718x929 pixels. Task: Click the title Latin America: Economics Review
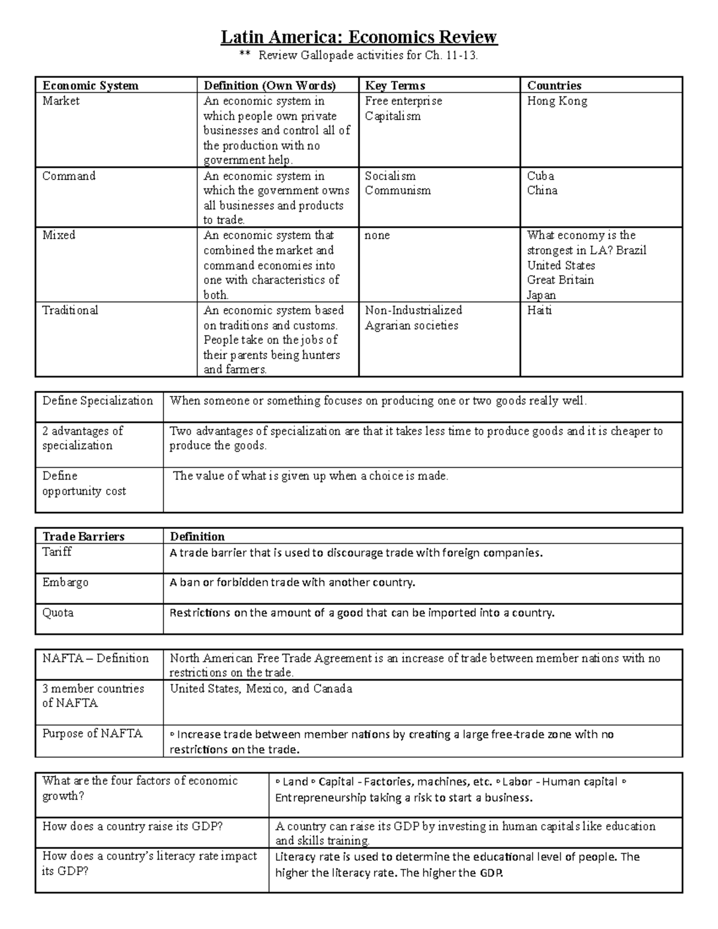point(358,37)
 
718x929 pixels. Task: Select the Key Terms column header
point(395,86)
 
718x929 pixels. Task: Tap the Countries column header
point(554,86)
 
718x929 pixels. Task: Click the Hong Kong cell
point(557,101)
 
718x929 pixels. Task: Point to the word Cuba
point(540,176)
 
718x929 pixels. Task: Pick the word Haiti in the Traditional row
point(539,310)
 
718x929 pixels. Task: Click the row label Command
point(69,176)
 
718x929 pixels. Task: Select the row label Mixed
point(59,235)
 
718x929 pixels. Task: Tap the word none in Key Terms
point(377,235)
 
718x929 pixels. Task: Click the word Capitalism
point(393,116)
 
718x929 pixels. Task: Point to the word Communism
point(397,191)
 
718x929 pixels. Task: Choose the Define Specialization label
point(98,401)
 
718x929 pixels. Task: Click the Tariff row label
point(57,552)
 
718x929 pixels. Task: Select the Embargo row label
point(65,582)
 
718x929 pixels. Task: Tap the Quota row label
point(57,613)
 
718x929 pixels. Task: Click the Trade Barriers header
point(83,537)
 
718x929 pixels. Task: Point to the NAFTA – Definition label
point(95,658)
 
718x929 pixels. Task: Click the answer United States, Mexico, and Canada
point(261,689)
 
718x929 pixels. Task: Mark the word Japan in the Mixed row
point(541,295)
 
